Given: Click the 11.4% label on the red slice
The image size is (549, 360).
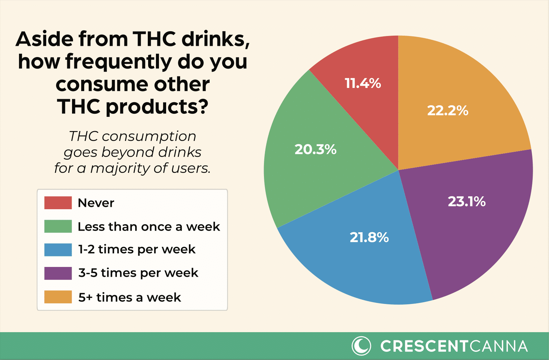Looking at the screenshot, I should click(x=363, y=83).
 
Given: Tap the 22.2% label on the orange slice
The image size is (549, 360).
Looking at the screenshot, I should click(x=448, y=111).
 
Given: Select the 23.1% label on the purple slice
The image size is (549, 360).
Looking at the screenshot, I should click(x=467, y=202).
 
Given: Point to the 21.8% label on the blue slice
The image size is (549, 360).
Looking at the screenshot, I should click(x=369, y=237).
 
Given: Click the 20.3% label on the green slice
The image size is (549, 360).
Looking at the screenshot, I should click(x=316, y=149).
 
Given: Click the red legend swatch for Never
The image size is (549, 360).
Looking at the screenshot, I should click(x=58, y=203).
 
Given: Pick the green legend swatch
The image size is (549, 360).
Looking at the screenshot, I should click(x=58, y=227).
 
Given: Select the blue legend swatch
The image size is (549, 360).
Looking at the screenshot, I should click(x=58, y=250).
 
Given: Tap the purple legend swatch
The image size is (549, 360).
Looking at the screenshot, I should click(x=58, y=273).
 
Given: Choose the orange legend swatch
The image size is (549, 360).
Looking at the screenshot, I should click(x=58, y=297).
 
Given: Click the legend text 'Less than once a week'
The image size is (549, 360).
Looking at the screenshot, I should click(x=149, y=227).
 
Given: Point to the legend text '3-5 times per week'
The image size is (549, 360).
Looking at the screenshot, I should click(x=138, y=273).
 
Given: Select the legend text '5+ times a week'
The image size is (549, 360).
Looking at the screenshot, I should click(x=130, y=298).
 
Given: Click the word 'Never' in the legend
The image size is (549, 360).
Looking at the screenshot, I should click(x=96, y=203).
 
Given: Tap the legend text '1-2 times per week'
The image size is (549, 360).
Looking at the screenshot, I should click(x=137, y=250).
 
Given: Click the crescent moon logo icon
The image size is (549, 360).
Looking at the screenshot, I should click(x=361, y=346).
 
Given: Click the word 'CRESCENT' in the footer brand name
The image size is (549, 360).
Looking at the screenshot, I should click(x=424, y=346).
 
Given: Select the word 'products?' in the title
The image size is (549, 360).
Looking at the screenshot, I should click(x=157, y=107).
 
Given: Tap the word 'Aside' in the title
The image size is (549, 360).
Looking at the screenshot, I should click(x=44, y=39).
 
